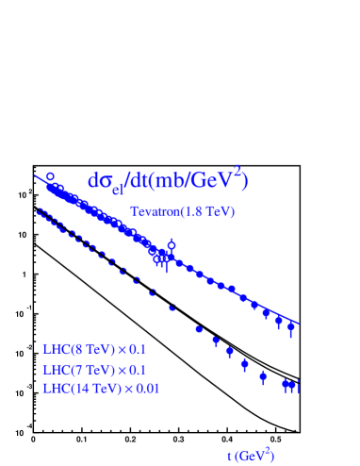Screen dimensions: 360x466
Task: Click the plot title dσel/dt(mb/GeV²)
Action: tap(168, 181)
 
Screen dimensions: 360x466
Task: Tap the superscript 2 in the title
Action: tap(239, 171)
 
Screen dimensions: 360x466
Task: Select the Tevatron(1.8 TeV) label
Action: tap(182, 212)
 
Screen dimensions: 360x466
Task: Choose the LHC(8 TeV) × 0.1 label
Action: tap(94, 348)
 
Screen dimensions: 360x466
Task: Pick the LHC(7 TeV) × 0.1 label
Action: tap(94, 369)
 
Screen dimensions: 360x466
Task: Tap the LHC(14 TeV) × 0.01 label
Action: tap(101, 389)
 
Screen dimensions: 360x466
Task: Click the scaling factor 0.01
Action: tap(146, 389)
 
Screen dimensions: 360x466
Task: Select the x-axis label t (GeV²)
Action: tap(251, 456)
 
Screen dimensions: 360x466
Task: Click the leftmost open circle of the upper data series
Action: tap(50, 177)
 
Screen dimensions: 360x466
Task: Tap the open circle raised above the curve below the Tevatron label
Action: tap(172, 245)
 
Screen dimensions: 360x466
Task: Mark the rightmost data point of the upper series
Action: tap(291, 327)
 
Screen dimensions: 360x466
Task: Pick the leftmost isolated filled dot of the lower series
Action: tap(199, 329)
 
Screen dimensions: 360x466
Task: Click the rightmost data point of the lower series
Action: tap(297, 385)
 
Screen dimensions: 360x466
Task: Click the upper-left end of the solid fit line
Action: tap(35, 175)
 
